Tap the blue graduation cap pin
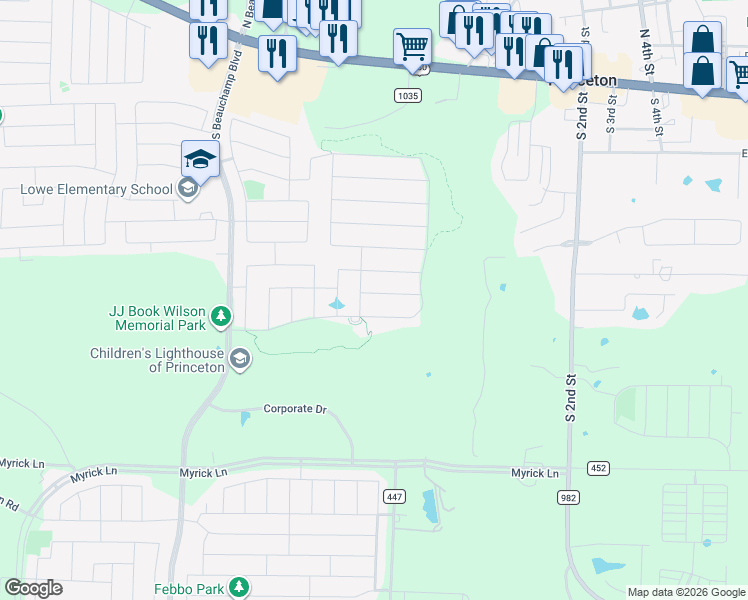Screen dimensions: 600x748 point(200,159)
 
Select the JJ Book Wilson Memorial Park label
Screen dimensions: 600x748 point(155,318)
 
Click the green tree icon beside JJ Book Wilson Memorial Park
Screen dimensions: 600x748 point(221,319)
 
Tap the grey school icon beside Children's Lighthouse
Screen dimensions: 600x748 point(240,359)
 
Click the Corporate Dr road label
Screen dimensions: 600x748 point(295,409)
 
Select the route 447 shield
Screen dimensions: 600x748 point(395,496)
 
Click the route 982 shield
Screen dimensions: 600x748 point(570,496)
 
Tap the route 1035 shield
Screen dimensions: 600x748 point(406,95)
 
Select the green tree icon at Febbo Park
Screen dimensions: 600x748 point(239,586)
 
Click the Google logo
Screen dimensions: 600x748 point(33,588)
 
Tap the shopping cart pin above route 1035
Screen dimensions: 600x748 point(412,46)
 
